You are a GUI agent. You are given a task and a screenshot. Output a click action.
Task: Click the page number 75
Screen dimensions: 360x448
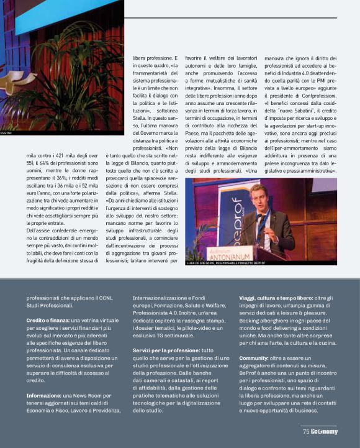click(306, 431)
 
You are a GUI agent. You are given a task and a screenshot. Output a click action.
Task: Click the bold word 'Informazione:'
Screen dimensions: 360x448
click(45, 395)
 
